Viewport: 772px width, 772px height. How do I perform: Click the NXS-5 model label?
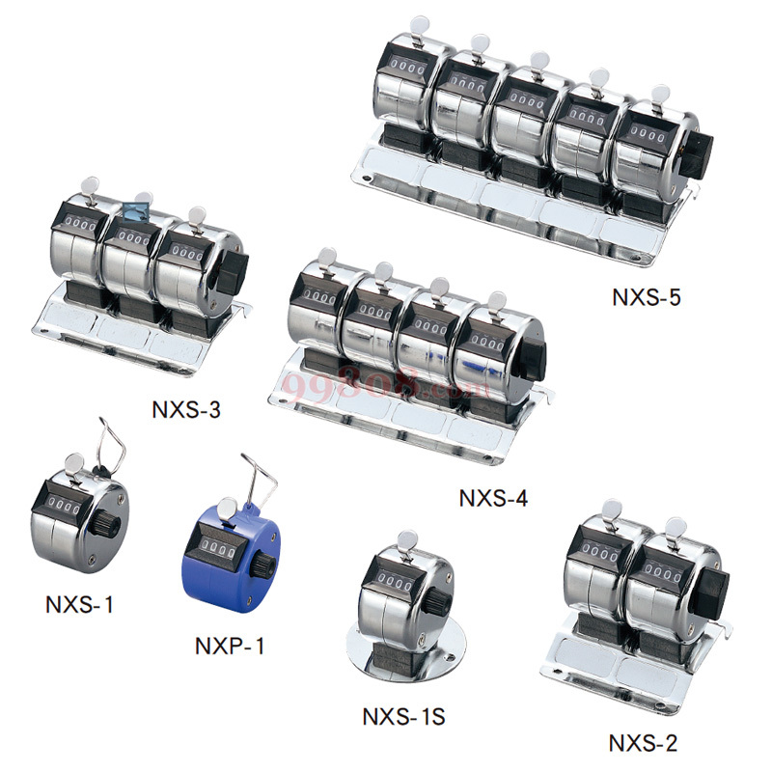647,297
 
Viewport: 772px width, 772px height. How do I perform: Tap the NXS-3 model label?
186,409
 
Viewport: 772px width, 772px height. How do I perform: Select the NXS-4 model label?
493,498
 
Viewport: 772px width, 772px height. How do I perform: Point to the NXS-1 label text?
79,604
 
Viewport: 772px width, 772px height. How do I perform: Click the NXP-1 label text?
230,646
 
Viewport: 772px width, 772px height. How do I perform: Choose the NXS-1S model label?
403,716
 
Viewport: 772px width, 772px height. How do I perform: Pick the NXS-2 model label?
643,743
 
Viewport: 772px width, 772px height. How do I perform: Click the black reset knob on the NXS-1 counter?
105,525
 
